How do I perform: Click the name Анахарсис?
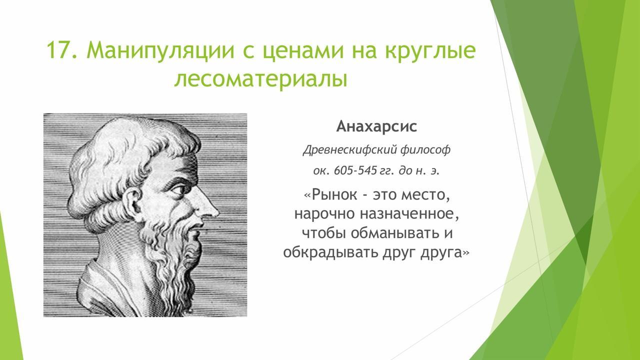pos(376,126)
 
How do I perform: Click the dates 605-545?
pos(355,170)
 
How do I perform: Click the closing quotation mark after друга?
pos(466,253)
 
